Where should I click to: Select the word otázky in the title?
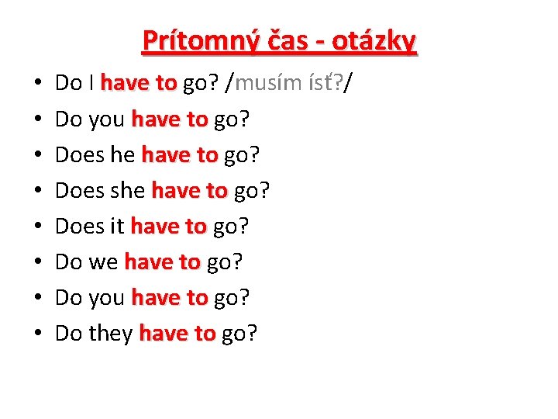(374, 40)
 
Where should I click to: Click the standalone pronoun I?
(91, 83)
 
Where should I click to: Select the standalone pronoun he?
(123, 155)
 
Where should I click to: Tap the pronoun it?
(117, 227)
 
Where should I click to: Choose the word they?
(111, 334)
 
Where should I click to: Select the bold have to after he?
(179, 155)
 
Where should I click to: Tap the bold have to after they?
(177, 334)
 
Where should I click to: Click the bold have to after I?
(139, 83)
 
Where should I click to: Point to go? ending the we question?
(225, 262)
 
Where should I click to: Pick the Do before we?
(69, 262)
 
